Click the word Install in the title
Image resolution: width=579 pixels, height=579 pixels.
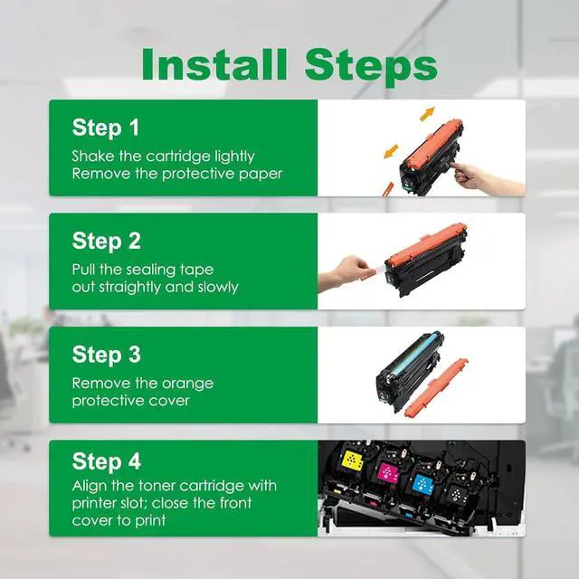[214, 64]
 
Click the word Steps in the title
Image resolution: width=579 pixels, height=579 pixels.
[371, 68]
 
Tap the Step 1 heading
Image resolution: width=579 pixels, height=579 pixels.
[106, 128]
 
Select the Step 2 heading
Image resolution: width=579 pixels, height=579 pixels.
[107, 241]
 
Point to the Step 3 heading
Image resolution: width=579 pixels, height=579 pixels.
[107, 355]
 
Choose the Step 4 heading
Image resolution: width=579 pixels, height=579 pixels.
[107, 460]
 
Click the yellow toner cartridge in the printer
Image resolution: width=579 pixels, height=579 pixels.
[353, 461]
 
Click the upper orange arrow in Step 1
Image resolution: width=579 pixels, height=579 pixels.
[428, 113]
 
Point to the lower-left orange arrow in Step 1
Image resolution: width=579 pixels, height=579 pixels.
[391, 151]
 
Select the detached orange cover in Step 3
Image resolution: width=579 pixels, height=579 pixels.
[436, 387]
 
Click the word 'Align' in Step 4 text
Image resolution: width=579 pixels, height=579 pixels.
[89, 486]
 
